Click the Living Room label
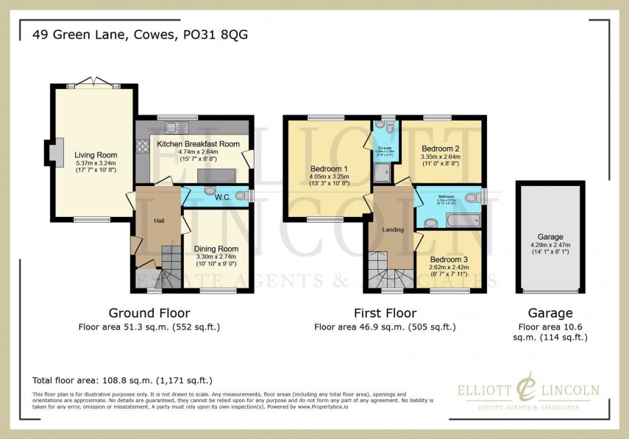pyautogui.click(x=96, y=154)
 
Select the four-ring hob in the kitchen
pyautogui.click(x=143, y=146)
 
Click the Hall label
pyautogui.click(x=159, y=220)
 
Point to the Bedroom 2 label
pyautogui.click(x=440, y=147)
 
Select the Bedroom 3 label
pyautogui.click(x=449, y=260)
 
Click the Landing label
pyautogui.click(x=393, y=230)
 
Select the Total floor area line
pyautogui.click(x=123, y=380)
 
